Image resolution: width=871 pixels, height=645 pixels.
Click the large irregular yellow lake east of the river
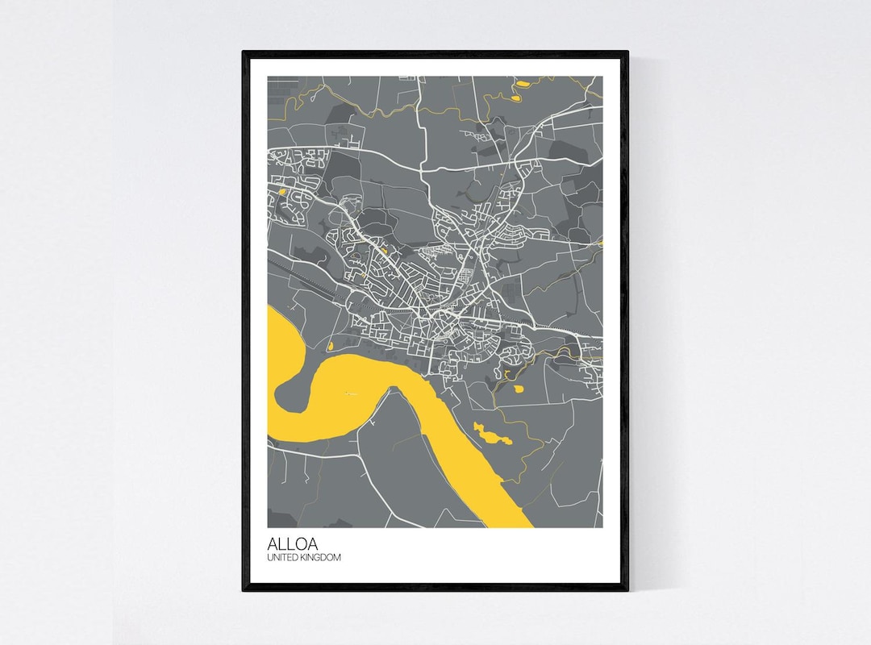[492, 435]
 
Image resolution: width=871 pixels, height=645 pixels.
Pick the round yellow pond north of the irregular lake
[518, 389]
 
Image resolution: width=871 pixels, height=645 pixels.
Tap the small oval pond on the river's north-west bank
[331, 347]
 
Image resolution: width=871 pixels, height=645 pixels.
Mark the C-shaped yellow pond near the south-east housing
[506, 374]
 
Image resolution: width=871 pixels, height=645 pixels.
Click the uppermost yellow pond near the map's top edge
[523, 83]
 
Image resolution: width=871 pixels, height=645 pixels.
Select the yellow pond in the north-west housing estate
[281, 192]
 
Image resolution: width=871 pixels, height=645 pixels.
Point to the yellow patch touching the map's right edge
[600, 241]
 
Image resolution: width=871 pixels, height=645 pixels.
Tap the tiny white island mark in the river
[349, 393]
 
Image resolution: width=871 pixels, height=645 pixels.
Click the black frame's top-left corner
[244, 53]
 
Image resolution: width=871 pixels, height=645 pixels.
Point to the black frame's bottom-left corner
[244, 589]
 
